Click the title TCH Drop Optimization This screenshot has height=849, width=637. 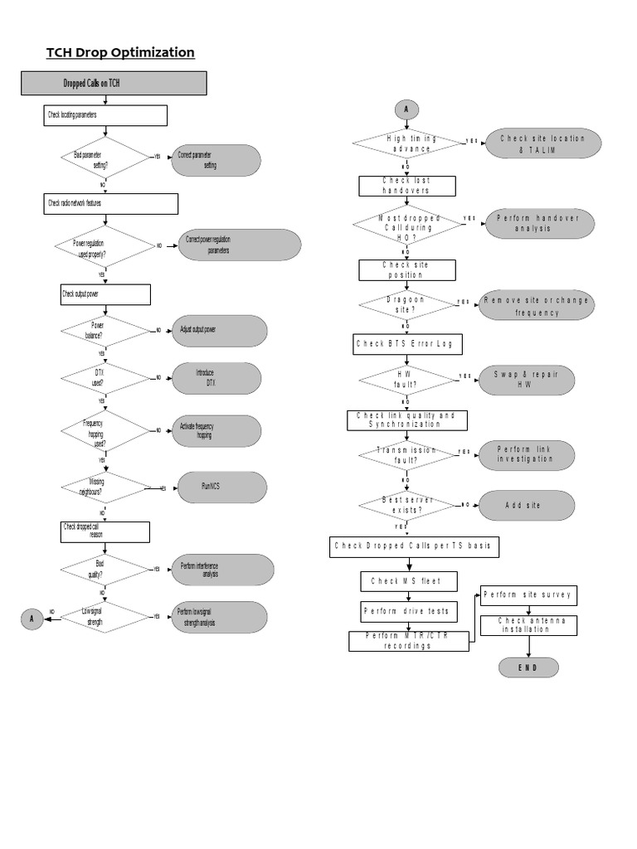pyautogui.click(x=120, y=53)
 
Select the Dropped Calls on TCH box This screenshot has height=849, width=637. pyautogui.click(x=113, y=84)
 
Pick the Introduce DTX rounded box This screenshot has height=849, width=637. pyautogui.click(x=216, y=378)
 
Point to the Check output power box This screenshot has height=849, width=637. pyautogui.click(x=105, y=294)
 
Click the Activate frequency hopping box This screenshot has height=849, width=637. pyautogui.click(x=216, y=430)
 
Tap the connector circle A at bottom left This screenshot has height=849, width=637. pyautogui.click(x=32, y=618)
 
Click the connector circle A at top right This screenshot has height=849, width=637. pyautogui.click(x=406, y=109)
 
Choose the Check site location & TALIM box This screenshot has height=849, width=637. pyautogui.click(x=531, y=144)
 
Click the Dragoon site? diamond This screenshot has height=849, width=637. pyautogui.click(x=406, y=304)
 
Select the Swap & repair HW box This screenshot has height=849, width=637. pyautogui.click(x=526, y=380)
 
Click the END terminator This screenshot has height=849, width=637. pyautogui.click(x=528, y=667)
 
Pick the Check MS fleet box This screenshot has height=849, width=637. pyautogui.click(x=406, y=580)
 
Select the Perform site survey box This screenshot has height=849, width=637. pyautogui.click(x=528, y=595)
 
